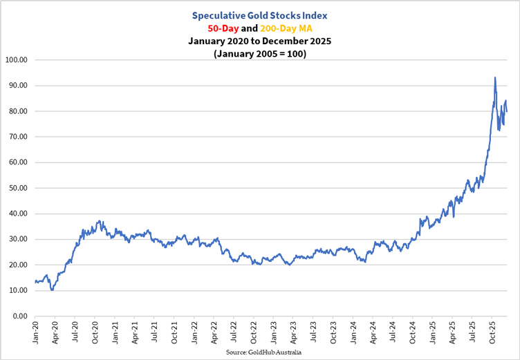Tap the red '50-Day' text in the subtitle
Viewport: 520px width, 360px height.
(223, 29)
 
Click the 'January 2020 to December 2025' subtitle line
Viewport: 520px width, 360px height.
(259, 41)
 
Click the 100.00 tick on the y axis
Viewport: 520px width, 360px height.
(15, 60)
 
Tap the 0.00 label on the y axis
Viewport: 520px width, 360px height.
(19, 316)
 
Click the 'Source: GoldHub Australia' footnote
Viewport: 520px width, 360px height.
(263, 352)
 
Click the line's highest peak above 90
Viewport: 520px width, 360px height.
(494, 77)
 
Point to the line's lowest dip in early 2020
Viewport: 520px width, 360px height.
(52, 290)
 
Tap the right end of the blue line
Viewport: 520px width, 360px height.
(507, 111)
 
